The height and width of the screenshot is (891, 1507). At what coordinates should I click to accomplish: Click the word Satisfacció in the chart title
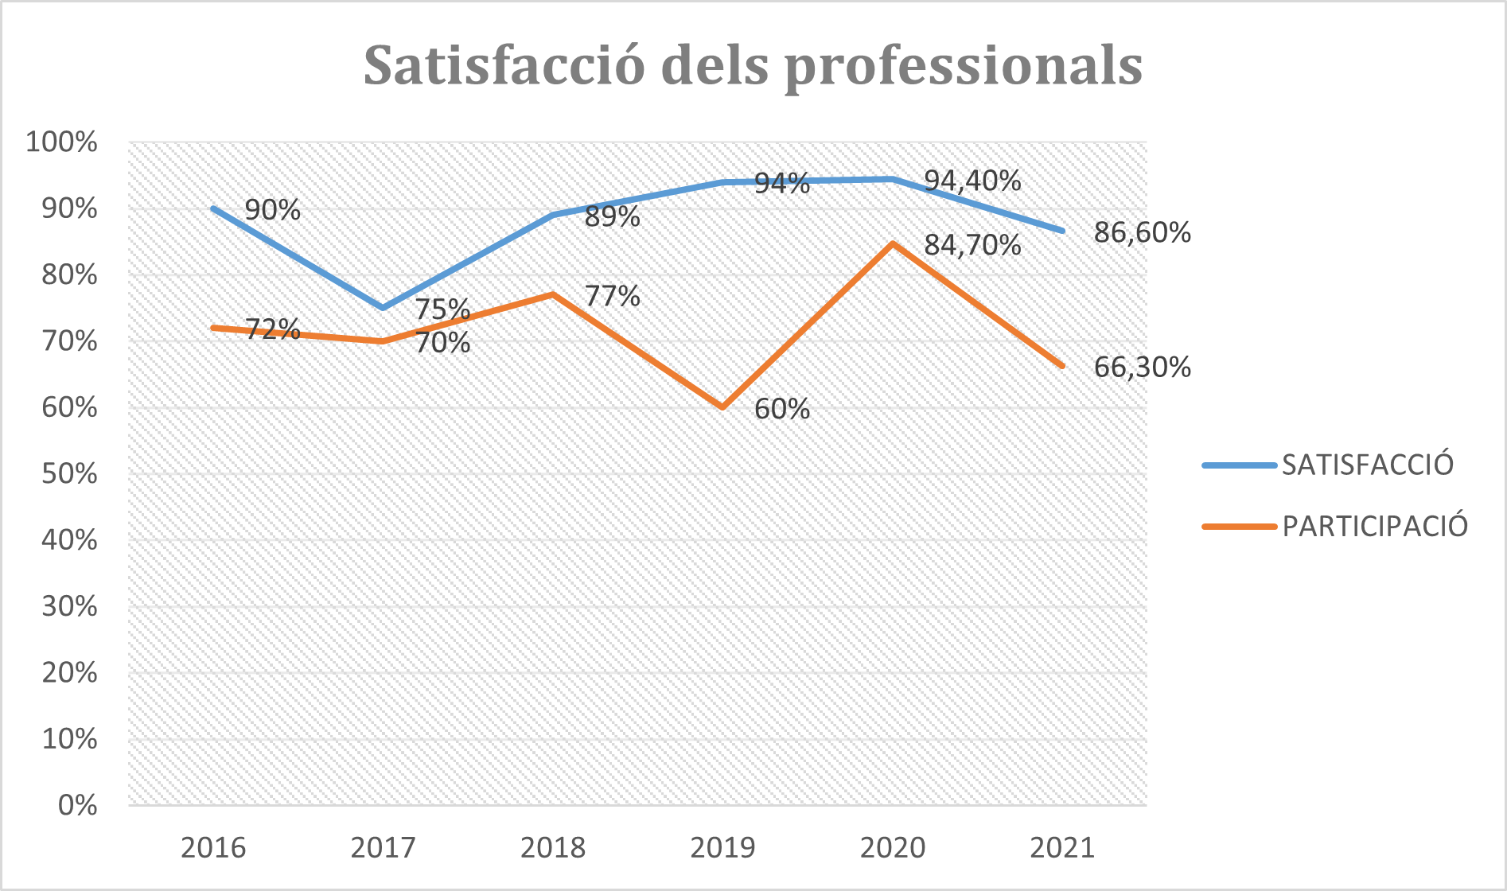tap(504, 65)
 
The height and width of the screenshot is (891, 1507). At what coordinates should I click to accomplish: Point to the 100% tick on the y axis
tap(62, 142)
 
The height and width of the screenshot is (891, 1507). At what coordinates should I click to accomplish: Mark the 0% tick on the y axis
tap(77, 805)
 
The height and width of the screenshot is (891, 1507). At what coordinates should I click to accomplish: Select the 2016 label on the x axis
tap(213, 848)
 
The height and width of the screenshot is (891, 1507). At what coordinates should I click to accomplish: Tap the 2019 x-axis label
tap(722, 848)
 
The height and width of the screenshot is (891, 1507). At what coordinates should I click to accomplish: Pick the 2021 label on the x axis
tap(1062, 848)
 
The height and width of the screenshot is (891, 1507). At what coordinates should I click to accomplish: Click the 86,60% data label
tap(1142, 233)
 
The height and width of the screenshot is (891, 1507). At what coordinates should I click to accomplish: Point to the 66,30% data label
tap(1142, 368)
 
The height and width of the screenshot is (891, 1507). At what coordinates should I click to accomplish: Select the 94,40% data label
tap(972, 181)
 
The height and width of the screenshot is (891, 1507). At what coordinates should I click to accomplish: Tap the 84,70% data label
tap(972, 245)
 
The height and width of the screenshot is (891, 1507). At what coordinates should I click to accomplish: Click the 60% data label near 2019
tap(781, 409)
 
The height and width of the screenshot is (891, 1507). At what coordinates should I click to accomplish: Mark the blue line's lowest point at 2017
tap(383, 308)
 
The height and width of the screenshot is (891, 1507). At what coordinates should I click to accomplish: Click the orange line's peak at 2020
tap(893, 243)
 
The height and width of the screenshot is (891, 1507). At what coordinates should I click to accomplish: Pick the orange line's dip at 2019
tap(722, 407)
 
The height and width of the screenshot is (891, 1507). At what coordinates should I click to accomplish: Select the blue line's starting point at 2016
tap(213, 208)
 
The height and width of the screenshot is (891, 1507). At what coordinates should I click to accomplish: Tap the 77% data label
tap(612, 296)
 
